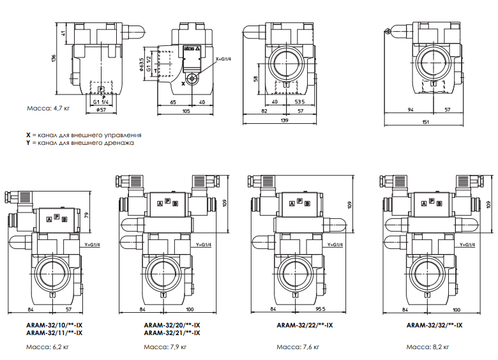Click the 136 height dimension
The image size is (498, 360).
pos(54,59)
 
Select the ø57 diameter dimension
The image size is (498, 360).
pos(101,110)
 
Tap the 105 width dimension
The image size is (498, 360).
pos(186,111)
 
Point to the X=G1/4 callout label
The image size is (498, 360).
pos(223,59)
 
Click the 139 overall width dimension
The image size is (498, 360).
pos(284,120)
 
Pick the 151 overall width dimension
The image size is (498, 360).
pos(425,122)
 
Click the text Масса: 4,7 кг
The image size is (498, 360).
pos(49,109)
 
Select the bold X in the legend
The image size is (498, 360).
pos(28,135)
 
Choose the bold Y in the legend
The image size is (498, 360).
pos(28,143)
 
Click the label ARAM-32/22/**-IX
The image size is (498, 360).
pos(305,326)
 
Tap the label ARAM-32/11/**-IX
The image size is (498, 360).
pos(54,333)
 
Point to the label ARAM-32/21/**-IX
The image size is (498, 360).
pos(172,333)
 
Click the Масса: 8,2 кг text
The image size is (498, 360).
pos(428,347)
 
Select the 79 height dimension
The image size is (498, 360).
pos(87,216)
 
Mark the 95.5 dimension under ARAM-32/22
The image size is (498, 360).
pos(320,309)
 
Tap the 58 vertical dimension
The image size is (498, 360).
pos(256,78)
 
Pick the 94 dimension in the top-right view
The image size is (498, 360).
pos(411,110)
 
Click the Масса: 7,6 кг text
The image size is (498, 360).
pos(298,347)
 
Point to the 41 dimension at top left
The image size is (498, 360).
pos(63,33)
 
